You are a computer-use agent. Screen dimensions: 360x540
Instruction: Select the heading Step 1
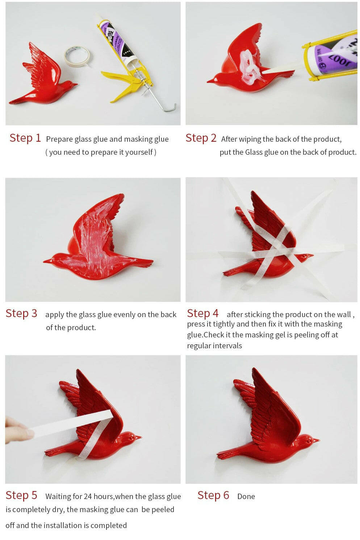click(x=25, y=138)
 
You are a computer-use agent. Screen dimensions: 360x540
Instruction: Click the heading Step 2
click(x=201, y=138)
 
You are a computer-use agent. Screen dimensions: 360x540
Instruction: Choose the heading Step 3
click(x=21, y=313)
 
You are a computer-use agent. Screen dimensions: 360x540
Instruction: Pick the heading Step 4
click(x=203, y=313)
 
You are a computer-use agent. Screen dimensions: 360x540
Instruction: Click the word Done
click(x=246, y=497)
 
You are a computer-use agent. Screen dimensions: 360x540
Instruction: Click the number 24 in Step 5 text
click(x=88, y=497)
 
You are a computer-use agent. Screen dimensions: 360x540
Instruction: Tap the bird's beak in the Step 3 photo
click(x=47, y=261)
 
